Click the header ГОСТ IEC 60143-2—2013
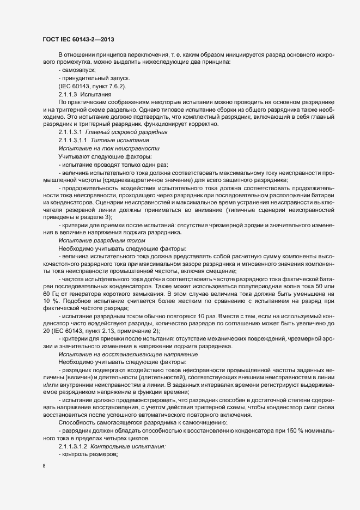(78, 39)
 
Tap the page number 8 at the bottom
(44, 466)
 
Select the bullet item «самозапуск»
(78, 70)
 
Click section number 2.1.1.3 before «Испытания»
(71, 94)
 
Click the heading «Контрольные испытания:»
(129, 447)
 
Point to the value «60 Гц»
(50, 294)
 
